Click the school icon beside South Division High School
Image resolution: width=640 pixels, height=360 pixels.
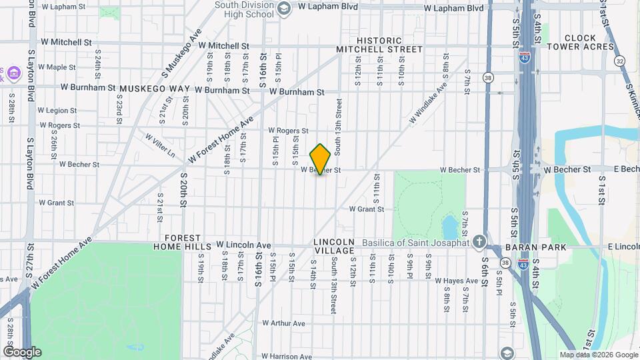(283, 8)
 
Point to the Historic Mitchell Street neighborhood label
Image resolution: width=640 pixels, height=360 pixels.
(379, 45)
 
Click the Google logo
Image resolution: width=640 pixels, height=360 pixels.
(22, 352)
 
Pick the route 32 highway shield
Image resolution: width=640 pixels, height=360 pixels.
(621, 61)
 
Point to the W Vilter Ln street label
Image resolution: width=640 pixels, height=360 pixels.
(160, 145)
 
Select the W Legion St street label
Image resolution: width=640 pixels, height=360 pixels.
(57, 111)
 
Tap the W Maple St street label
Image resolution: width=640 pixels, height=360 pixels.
(57, 67)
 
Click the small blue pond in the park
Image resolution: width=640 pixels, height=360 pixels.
(450, 225)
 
